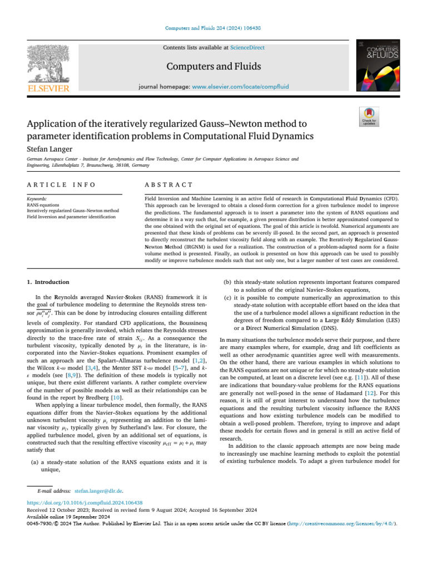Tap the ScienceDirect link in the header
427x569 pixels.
coord(247,48)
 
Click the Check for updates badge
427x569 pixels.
coord(370,117)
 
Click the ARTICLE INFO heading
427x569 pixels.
coord(61,184)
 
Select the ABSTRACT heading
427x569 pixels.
coord(168,184)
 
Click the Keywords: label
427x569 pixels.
coord(37,198)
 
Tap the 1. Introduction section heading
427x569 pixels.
coord(48,282)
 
